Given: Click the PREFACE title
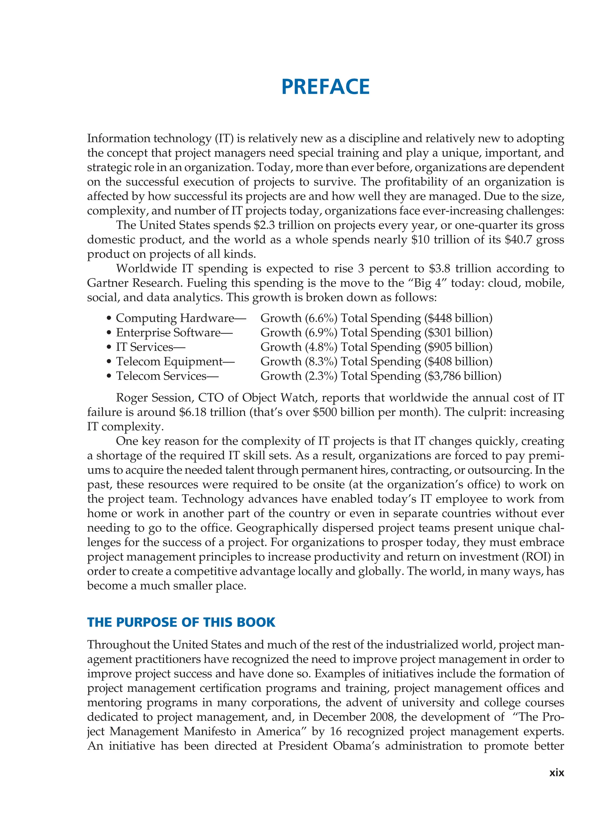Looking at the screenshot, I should [326, 87].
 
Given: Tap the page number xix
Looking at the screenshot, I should [556, 773].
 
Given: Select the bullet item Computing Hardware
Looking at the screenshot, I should [175, 318].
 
